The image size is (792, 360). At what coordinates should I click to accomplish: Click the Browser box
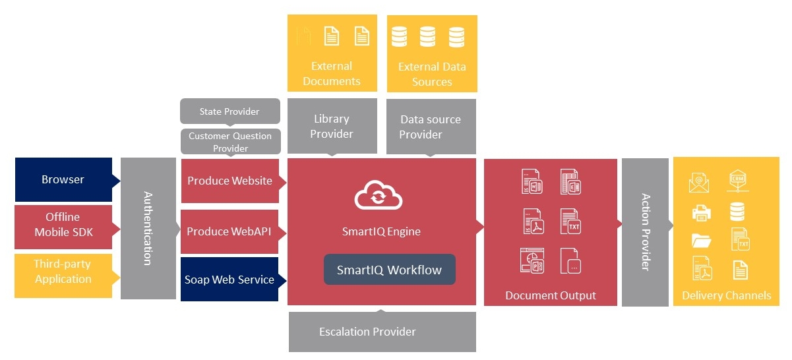[x=63, y=179]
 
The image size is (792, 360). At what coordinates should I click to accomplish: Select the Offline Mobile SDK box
[x=63, y=225]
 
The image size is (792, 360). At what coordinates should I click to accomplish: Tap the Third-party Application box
[x=63, y=272]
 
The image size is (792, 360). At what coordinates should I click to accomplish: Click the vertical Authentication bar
[x=148, y=228]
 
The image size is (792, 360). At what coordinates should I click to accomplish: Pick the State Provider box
[x=229, y=111]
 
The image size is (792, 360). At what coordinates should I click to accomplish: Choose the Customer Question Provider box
[x=230, y=142]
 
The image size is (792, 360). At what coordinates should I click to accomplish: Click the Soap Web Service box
[x=229, y=280]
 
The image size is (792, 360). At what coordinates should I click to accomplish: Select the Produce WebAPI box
[x=229, y=232]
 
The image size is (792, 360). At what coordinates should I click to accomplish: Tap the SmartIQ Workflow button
[x=389, y=270]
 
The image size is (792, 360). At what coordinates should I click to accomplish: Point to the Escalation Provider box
[x=382, y=332]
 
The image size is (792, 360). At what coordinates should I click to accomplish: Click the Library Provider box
[x=332, y=127]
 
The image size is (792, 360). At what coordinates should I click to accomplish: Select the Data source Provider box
[x=431, y=127]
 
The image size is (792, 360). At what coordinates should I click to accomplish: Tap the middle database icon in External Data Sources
[x=427, y=37]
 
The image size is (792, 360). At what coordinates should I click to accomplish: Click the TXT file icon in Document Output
[x=570, y=220]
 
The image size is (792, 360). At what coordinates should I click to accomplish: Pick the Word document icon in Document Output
[x=532, y=181]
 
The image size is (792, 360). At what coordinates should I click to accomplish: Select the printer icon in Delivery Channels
[x=701, y=212]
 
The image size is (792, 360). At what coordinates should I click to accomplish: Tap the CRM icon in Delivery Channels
[x=737, y=181]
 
